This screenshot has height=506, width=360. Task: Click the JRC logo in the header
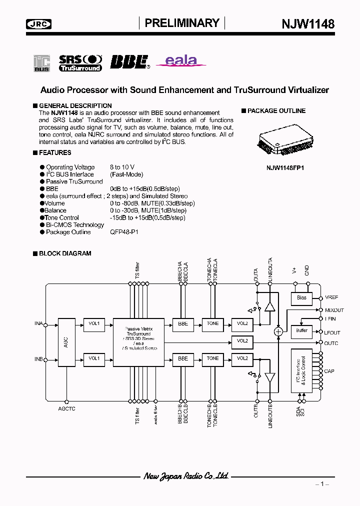[x=38, y=23]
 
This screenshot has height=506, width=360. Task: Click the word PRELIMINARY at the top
[x=182, y=23]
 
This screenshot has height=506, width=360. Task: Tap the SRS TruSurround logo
[x=80, y=62]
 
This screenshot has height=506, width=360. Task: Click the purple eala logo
[x=181, y=61]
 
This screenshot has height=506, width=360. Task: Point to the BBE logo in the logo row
[x=130, y=61]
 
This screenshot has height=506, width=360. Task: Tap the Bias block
[x=301, y=298]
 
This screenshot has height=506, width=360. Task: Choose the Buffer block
[x=301, y=330]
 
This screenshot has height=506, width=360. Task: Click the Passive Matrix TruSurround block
[x=138, y=341]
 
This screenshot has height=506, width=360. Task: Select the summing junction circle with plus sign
[x=278, y=331]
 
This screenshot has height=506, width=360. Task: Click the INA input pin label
[x=38, y=324]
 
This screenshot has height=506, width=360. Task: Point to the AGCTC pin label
[x=66, y=408]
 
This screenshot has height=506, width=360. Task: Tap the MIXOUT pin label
[x=334, y=310]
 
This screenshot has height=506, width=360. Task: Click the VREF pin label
[x=331, y=297]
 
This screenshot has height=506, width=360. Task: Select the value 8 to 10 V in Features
[x=122, y=167]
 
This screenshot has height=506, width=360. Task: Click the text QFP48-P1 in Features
[x=124, y=232]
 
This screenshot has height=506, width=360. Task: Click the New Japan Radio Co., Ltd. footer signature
[x=186, y=476]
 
